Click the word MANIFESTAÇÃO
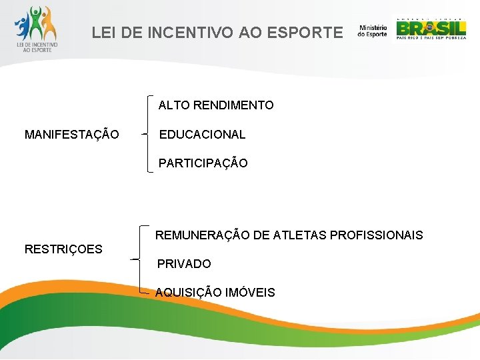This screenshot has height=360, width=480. click(x=72, y=135)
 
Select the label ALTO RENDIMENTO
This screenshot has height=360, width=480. click(x=216, y=105)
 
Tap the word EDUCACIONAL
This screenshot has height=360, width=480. click(x=202, y=135)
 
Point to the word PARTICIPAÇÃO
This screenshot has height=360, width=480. click(x=203, y=163)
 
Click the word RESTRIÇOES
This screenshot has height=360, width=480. click(x=63, y=249)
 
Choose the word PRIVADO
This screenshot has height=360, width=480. click(x=184, y=264)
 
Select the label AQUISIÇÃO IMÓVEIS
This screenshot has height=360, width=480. click(x=215, y=293)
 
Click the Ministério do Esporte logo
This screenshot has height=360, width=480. click(x=372, y=31)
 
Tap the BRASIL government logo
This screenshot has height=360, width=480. click(x=431, y=29)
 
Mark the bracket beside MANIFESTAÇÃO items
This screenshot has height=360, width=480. click(x=148, y=134)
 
